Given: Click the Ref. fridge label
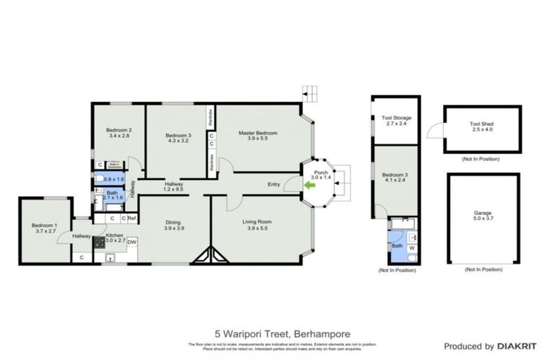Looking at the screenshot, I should click(x=131, y=219).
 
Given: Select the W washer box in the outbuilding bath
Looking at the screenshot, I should click(x=411, y=247).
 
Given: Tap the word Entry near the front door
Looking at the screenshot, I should click(x=275, y=185).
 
